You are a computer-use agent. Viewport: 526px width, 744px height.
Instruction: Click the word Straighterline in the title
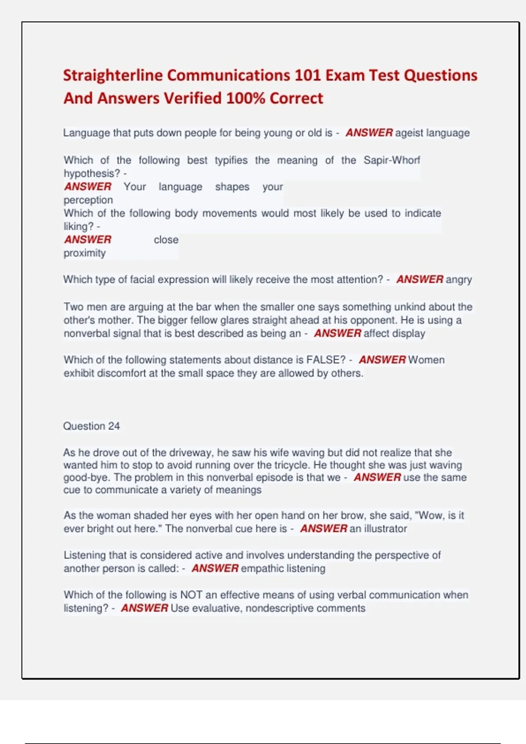click(x=113, y=75)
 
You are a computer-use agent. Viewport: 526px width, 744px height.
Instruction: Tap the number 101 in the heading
click(x=307, y=75)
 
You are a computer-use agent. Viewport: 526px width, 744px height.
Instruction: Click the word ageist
click(x=409, y=133)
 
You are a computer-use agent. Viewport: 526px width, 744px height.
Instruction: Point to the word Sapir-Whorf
click(x=391, y=160)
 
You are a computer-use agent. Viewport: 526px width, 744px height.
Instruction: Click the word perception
click(x=88, y=200)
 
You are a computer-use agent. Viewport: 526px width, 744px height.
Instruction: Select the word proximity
click(x=85, y=253)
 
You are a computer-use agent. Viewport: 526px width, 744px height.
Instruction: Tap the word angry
click(x=459, y=279)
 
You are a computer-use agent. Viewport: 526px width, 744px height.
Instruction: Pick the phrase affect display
click(x=394, y=333)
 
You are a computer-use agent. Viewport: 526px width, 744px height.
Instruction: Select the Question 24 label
click(x=91, y=426)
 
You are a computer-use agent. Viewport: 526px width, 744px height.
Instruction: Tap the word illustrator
click(x=385, y=529)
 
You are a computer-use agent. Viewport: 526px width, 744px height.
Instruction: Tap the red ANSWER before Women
click(x=382, y=360)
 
